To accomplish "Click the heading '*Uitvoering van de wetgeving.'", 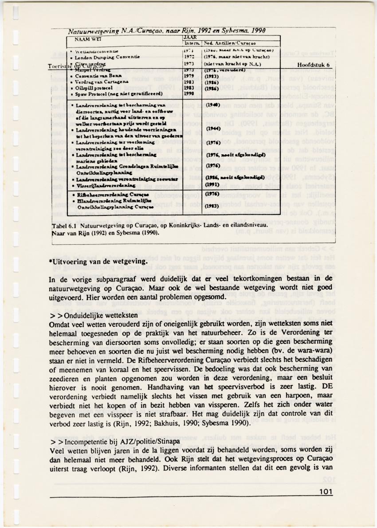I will coord(98,261).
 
